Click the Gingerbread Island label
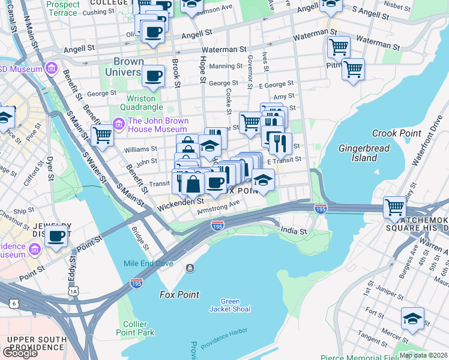(x=364, y=153)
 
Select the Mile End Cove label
(x=148, y=263)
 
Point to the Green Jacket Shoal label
(x=230, y=305)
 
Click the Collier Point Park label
(x=136, y=328)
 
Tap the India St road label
(x=294, y=230)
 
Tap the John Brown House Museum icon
(x=118, y=125)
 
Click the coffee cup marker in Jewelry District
(x=56, y=236)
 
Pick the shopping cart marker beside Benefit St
(x=102, y=135)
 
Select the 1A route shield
(x=74, y=290)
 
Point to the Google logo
(x=20, y=353)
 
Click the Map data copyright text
(x=423, y=355)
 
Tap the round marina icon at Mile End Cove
(x=190, y=268)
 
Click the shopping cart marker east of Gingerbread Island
(x=395, y=208)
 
